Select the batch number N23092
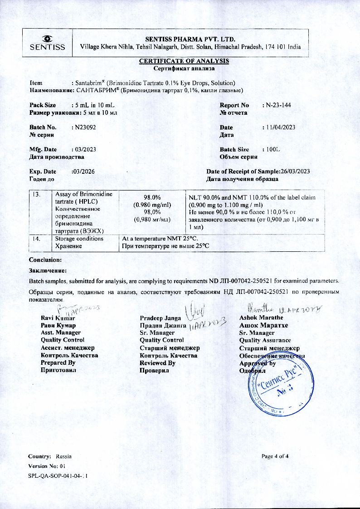click(x=85, y=127)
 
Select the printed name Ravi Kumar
click(x=57, y=318)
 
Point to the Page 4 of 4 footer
click(x=275, y=456)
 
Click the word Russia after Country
click(x=64, y=456)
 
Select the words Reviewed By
click(x=157, y=363)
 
